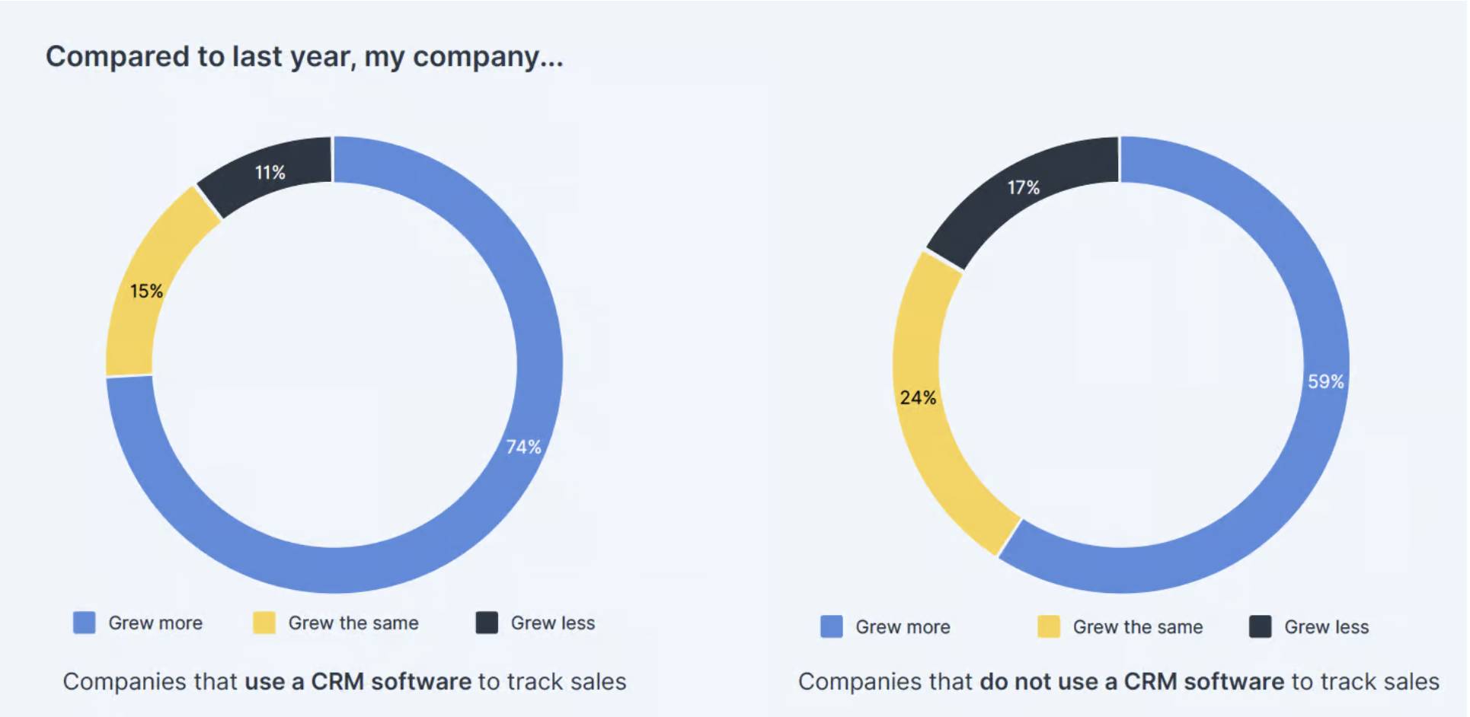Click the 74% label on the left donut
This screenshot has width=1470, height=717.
[x=523, y=447]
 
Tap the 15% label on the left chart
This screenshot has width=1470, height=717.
[x=145, y=291]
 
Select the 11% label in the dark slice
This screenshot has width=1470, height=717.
[x=270, y=173]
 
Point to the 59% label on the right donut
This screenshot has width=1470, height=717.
[x=1325, y=381]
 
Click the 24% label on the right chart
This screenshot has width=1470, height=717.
[x=918, y=397]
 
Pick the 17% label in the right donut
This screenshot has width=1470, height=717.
[x=1023, y=187]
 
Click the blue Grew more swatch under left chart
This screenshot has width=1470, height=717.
[x=85, y=623]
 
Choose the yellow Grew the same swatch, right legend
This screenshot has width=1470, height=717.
[x=1048, y=626]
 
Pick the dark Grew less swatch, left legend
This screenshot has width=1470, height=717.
[x=487, y=623]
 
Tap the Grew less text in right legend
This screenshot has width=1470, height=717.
[x=1326, y=627]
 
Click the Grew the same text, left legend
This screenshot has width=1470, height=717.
[x=353, y=623]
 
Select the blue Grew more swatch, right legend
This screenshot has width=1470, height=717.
[x=832, y=626]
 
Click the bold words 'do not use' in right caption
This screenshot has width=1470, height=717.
[x=1039, y=681]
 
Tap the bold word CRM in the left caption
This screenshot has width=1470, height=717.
[x=337, y=681]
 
